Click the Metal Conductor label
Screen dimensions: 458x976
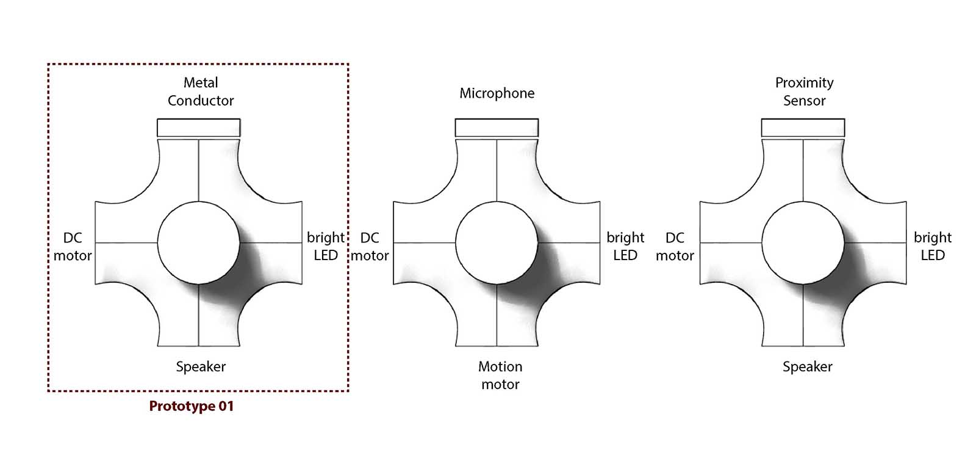tap(201, 92)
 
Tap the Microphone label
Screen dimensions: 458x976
tap(497, 93)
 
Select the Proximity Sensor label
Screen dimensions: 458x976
tap(804, 92)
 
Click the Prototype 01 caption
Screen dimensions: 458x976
tap(192, 406)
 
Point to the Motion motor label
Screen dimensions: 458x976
tap(500, 375)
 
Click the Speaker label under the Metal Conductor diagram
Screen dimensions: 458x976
tap(201, 366)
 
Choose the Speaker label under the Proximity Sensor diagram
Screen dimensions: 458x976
tap(807, 366)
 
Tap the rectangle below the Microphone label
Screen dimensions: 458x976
tap(497, 128)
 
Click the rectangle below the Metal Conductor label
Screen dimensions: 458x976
tap(199, 128)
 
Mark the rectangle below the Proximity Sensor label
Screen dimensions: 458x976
tap(803, 128)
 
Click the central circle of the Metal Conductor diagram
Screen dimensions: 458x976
tap(199, 242)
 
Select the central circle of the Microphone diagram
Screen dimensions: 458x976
tap(497, 242)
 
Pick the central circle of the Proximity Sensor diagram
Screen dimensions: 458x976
tap(803, 242)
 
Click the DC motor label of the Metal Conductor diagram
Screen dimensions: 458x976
tap(73, 246)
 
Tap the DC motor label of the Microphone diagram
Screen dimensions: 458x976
tap(370, 246)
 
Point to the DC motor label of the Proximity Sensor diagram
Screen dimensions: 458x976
tap(675, 246)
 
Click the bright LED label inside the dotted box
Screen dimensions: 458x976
tap(326, 246)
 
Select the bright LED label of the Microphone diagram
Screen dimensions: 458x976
tap(625, 246)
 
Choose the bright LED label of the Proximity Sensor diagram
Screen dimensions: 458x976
tap(933, 246)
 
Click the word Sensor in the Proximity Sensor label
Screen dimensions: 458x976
tap(804, 101)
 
